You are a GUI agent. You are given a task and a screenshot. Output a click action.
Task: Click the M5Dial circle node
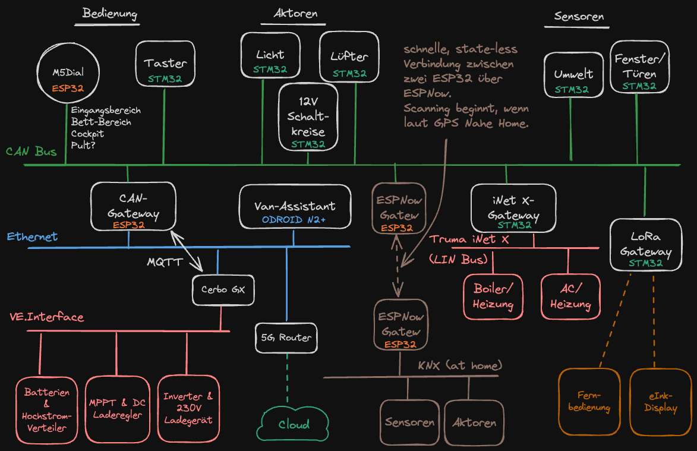tap(67, 74)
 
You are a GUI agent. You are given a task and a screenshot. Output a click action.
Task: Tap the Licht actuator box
tap(270, 56)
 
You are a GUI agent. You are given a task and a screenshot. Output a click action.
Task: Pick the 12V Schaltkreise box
tap(308, 116)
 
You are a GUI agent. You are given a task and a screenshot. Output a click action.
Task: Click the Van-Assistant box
tap(294, 206)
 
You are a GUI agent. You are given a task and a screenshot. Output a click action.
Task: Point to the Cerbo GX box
tap(223, 291)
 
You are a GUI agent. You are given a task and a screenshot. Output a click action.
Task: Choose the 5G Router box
tap(286, 338)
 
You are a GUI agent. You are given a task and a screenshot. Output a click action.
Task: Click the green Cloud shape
tap(294, 423)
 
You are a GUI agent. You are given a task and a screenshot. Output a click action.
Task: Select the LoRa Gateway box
tap(646, 245)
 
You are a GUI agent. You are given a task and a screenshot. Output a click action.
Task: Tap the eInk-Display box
tap(660, 402)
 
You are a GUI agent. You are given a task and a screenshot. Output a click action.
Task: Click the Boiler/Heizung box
tap(493, 297)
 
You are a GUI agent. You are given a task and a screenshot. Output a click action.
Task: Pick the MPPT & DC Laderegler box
tap(118, 408)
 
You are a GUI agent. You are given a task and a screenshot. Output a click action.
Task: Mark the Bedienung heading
tap(111, 13)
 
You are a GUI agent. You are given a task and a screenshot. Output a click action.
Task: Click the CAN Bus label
tap(31, 152)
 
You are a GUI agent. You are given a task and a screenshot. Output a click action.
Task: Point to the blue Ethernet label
tap(33, 236)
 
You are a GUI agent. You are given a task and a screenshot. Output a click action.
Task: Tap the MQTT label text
tap(165, 262)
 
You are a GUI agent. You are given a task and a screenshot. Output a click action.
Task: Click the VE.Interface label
tap(47, 317)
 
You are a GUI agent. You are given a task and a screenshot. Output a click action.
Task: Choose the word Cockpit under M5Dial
tap(88, 134)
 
